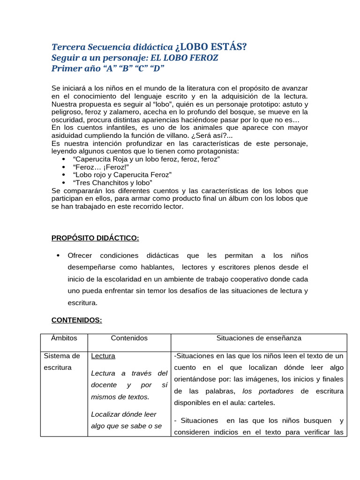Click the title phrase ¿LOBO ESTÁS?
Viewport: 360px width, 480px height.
(x=211, y=47)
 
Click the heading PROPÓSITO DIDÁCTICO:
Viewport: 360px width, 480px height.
(x=95, y=238)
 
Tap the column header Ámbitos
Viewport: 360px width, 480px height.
(x=64, y=338)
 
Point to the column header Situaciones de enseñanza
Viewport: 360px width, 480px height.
(x=259, y=338)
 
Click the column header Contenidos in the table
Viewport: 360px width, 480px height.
(x=129, y=338)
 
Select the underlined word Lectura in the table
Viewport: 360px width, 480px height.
(x=103, y=356)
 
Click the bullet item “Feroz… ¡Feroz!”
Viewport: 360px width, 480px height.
(x=101, y=167)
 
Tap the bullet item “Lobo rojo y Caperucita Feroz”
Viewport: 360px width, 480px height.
(x=122, y=175)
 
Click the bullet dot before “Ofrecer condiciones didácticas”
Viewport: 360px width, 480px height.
(x=58, y=255)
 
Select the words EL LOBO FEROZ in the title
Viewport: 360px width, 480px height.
(x=184, y=58)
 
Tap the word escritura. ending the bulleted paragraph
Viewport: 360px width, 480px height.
(x=82, y=303)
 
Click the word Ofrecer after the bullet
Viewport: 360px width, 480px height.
(x=80, y=255)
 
